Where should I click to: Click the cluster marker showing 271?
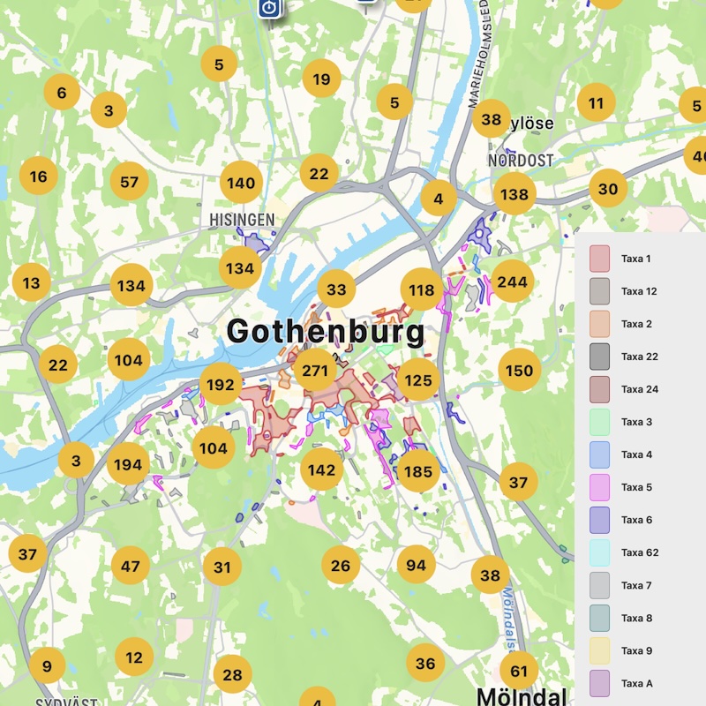point(315,370)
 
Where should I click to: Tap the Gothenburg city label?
point(325,333)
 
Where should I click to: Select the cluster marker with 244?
point(512,282)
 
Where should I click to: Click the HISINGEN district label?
point(242,219)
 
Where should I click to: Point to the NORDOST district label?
point(521,161)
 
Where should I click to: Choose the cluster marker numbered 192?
point(221,384)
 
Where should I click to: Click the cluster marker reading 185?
point(417,471)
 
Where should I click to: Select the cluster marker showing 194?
point(128,464)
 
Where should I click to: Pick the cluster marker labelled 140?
point(241,184)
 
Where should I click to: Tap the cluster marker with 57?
point(130,183)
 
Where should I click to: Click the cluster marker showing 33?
point(336,289)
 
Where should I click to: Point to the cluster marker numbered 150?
point(519,371)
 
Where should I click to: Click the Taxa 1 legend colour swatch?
point(600,259)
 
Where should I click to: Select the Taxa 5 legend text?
point(636,487)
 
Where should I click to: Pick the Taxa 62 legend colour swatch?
point(600,552)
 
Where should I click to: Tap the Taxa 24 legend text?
point(639,389)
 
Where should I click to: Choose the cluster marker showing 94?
point(417,565)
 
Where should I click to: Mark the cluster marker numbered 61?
point(519,671)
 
